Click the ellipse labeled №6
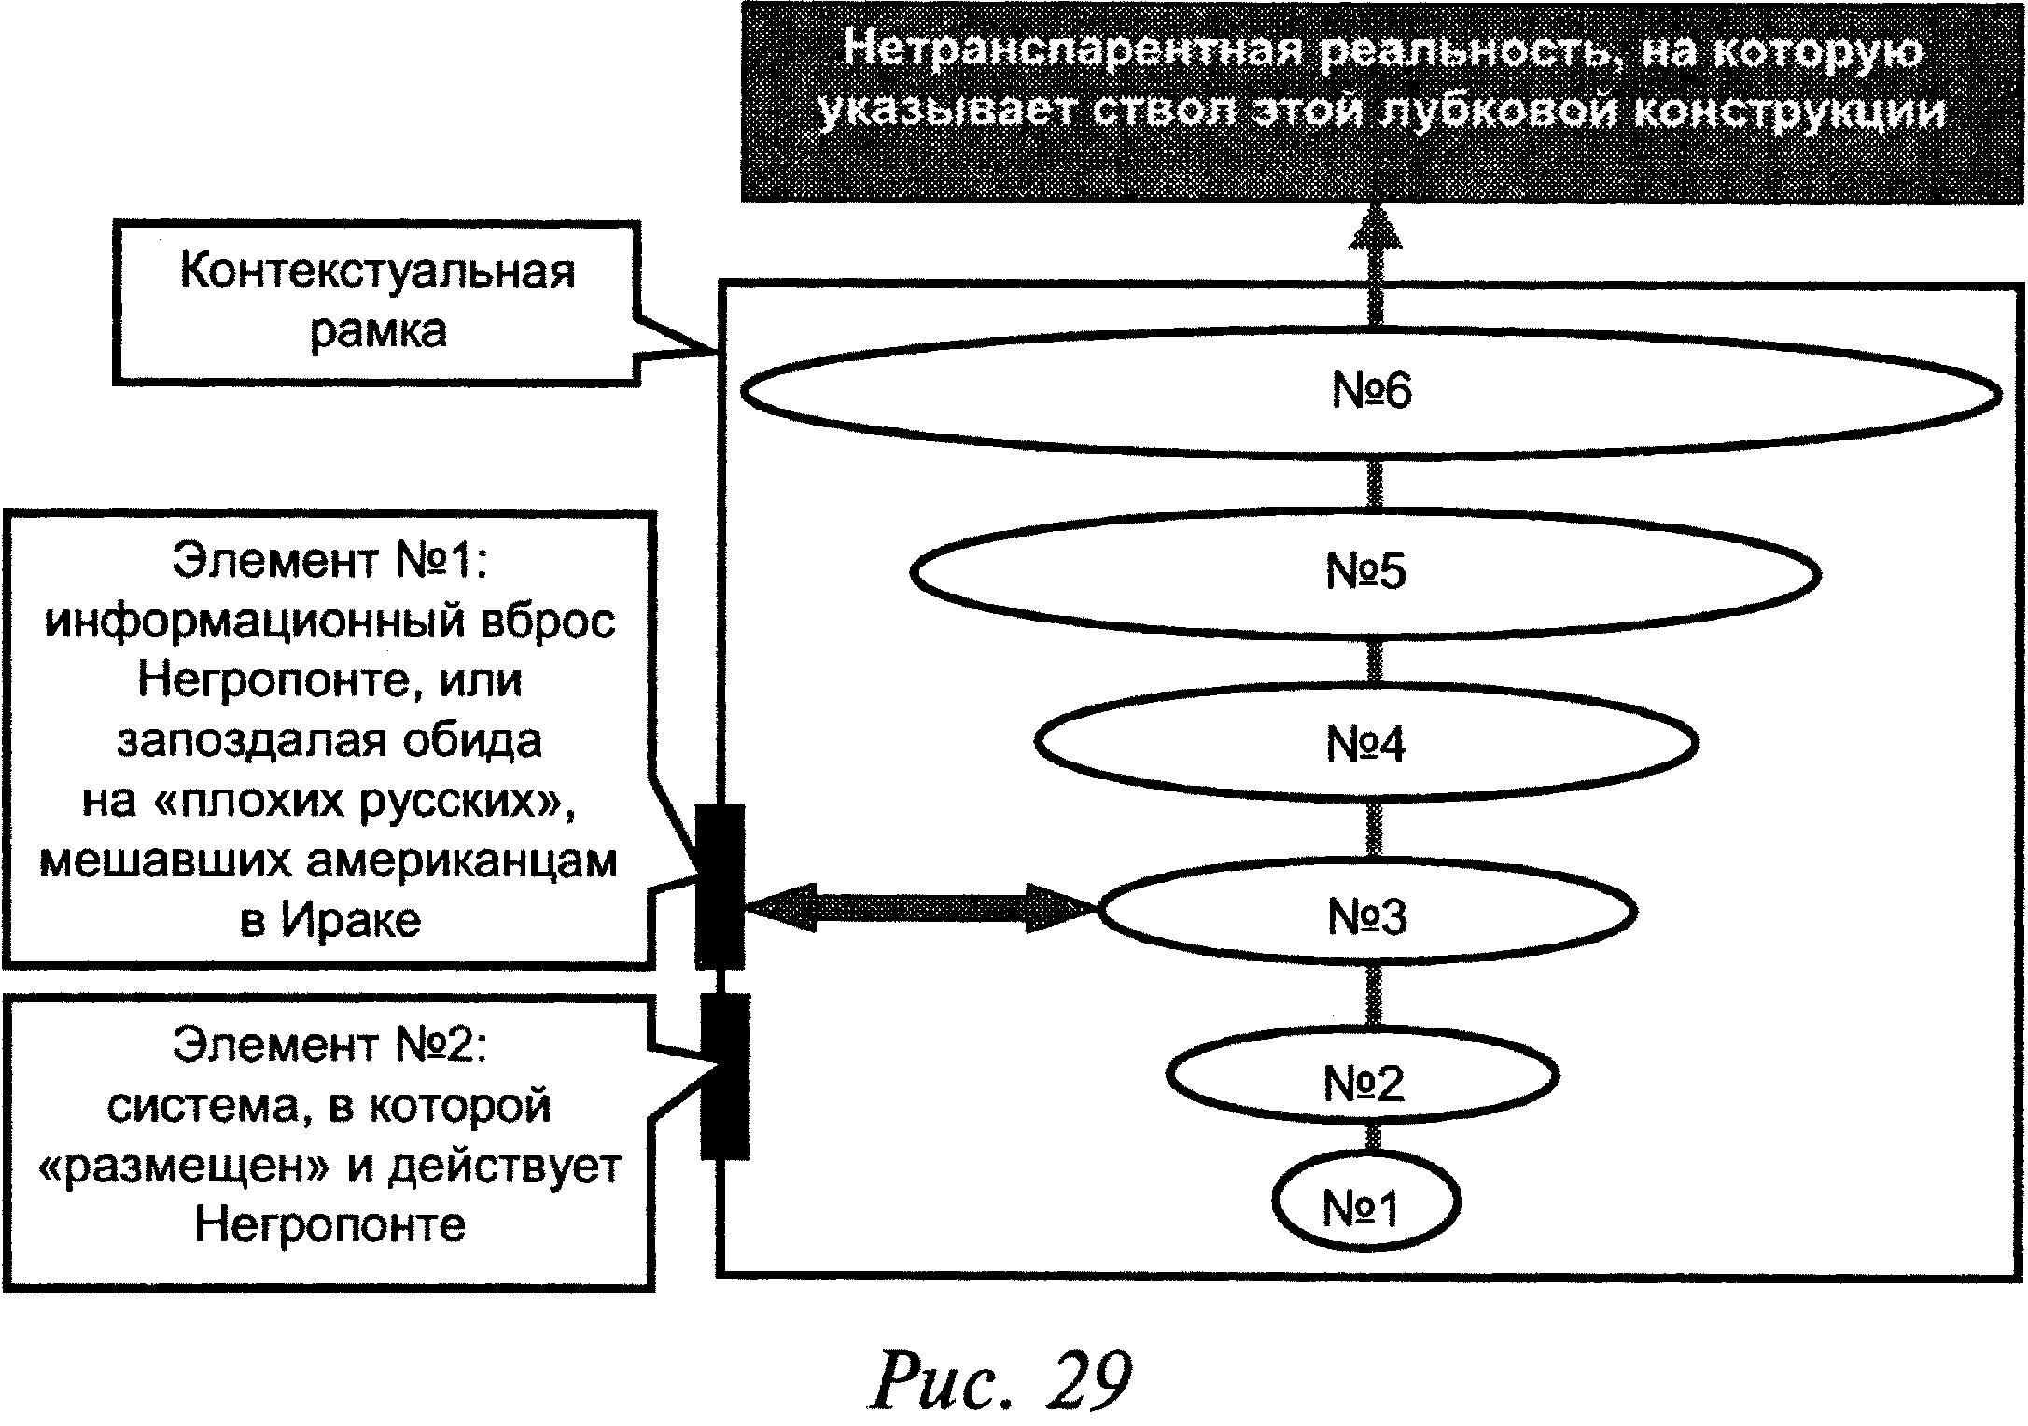click(1370, 393)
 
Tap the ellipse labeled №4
click(1365, 744)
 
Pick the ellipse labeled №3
click(1366, 915)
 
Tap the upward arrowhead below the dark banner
click(1375, 231)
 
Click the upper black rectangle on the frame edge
click(720, 885)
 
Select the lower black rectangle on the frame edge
click(725, 1076)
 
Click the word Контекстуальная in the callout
click(377, 273)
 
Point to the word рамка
click(378, 331)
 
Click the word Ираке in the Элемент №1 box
click(351, 921)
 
